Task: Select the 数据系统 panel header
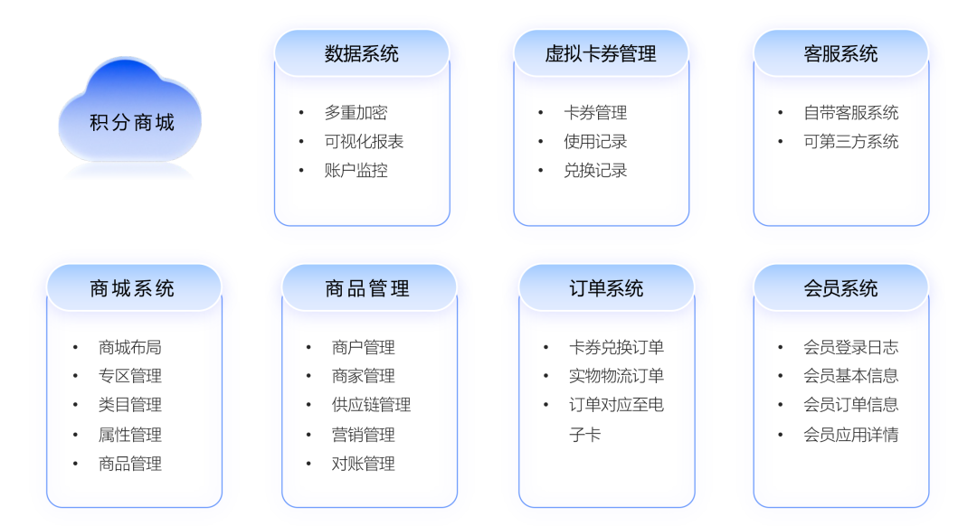coord(362,53)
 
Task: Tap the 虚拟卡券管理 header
coord(602,53)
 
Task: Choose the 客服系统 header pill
coord(841,53)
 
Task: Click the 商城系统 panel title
coord(132,288)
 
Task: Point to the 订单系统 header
coord(606,288)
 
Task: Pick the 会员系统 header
coord(841,288)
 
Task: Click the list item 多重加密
coord(356,113)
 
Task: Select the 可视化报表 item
coord(364,141)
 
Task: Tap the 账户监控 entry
coord(356,171)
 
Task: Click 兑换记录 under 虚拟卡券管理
coord(595,171)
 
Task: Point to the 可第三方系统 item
coord(851,141)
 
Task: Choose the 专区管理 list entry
coord(130,376)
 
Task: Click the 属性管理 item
coord(130,435)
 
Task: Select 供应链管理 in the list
coord(372,405)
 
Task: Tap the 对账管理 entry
coord(364,464)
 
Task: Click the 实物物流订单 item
coord(616,376)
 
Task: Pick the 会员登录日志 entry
coord(851,347)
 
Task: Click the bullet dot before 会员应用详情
coord(780,435)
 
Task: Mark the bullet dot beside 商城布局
coord(75,347)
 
